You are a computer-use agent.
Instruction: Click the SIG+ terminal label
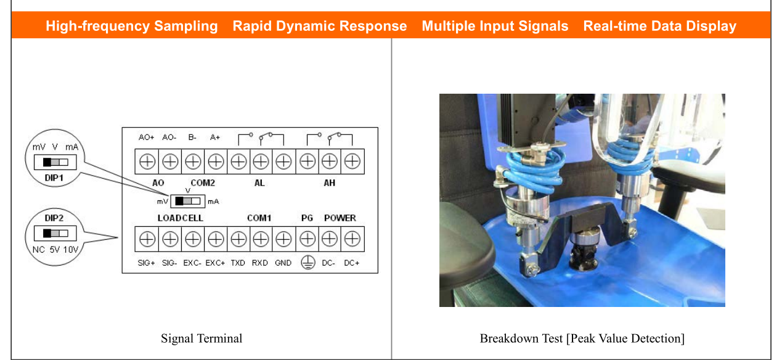coord(146,263)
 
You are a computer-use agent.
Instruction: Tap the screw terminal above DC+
coord(352,239)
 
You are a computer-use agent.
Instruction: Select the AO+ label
coord(146,137)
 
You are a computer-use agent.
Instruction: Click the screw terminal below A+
coord(216,162)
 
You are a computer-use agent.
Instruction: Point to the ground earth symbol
coord(308,263)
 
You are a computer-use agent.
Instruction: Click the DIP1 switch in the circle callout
coord(55,162)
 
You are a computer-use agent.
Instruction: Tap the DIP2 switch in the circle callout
coord(55,234)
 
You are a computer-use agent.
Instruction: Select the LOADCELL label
coord(181,218)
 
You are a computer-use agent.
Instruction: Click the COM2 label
coord(203,182)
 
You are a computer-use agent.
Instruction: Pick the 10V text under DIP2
coord(71,250)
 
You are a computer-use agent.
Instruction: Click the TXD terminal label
coord(238,263)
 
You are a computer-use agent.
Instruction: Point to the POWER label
coord(340,218)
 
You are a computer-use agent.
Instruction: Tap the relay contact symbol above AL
coord(261,139)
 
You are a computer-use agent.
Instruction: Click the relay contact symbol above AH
coord(330,139)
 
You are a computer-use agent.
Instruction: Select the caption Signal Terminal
coord(202,338)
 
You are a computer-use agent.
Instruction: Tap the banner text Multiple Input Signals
coord(495,26)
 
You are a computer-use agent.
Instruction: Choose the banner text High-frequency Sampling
coord(132,26)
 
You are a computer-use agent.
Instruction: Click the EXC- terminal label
coord(192,263)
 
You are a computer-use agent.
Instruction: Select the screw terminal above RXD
coord(261,239)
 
